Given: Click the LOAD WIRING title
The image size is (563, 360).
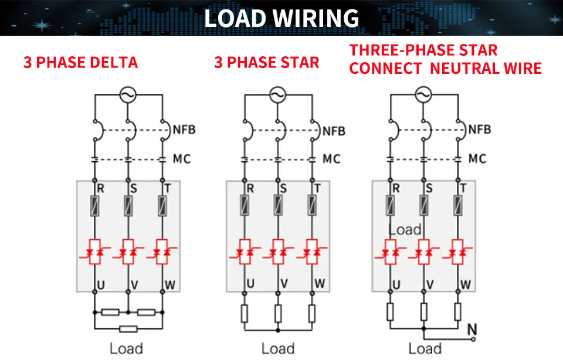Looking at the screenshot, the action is point(281,18).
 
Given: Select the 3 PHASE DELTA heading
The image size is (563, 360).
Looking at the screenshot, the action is point(80,63).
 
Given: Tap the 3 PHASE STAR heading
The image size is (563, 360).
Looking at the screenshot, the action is point(266,63).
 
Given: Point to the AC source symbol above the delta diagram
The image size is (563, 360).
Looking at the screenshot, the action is point(127,95).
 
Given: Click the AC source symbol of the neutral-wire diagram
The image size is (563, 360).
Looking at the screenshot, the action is point(423,95).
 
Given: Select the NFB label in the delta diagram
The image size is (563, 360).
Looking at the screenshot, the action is point(184,130).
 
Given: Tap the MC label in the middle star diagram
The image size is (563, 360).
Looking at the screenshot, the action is point(331,159).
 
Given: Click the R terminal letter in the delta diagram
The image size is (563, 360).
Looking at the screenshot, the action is point(100,188).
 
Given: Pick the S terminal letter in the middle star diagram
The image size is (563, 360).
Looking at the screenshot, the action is point(283,188).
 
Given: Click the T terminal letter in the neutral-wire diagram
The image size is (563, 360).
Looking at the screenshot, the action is point(463,188).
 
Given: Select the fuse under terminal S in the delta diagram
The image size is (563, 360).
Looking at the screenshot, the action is point(128,206).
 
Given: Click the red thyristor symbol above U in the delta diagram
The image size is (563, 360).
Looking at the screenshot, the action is point(95,252).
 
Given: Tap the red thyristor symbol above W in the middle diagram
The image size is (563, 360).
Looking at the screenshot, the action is point(312,252).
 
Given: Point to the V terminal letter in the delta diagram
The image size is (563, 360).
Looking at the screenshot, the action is point(134,285).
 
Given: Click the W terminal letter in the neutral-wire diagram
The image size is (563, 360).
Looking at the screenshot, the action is point(465,284).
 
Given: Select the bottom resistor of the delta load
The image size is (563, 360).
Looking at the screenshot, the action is point(128,329).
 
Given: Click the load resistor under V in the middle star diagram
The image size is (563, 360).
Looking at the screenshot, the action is point(278,313).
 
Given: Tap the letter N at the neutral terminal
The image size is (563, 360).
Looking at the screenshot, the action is point(472,330).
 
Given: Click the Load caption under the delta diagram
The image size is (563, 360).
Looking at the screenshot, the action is point(126,348).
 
